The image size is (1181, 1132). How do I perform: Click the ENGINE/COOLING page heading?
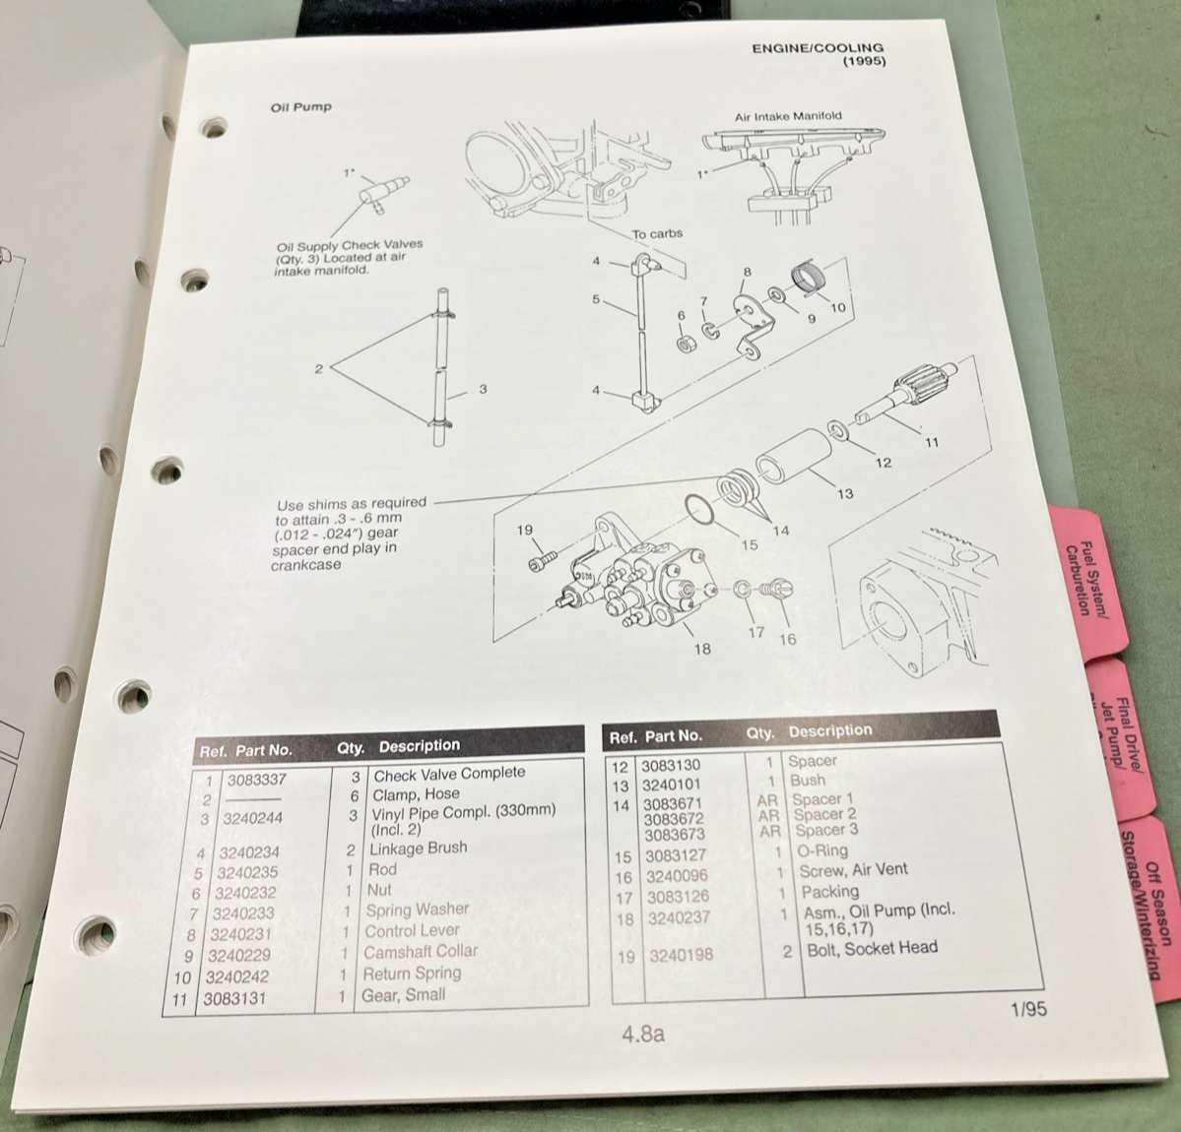[817, 47]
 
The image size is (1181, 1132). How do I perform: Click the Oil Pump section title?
[300, 106]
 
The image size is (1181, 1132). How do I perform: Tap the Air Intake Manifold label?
[788, 116]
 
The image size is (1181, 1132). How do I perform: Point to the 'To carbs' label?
[657, 234]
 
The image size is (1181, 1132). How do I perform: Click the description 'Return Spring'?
[412, 974]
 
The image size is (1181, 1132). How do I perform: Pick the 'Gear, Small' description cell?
[403, 995]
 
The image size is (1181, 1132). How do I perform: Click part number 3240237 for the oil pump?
[677, 917]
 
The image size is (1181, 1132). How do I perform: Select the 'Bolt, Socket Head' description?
[872, 949]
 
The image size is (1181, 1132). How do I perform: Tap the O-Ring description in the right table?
[819, 851]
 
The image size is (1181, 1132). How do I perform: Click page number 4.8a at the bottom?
[643, 1035]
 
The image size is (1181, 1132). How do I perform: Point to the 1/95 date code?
[1027, 1009]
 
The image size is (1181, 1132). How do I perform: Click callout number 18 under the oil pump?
[702, 649]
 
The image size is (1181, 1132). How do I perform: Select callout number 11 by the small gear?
[932, 442]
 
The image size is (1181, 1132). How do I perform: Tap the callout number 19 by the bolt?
[525, 530]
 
